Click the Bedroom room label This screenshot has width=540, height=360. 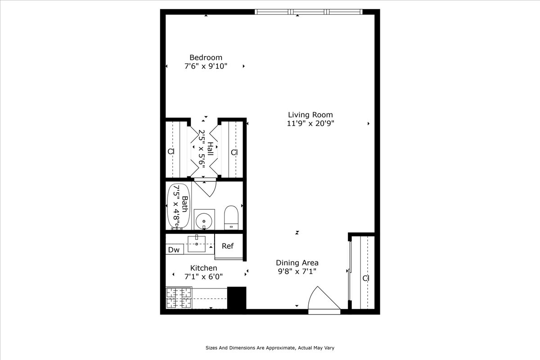(x=206, y=57)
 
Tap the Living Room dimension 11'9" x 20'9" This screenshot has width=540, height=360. (x=310, y=123)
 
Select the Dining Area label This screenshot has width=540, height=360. (x=297, y=263)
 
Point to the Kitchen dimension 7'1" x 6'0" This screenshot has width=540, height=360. (x=203, y=277)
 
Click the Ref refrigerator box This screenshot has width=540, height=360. (x=228, y=246)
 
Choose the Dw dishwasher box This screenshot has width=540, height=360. (x=174, y=250)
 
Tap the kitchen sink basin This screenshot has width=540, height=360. (x=197, y=244)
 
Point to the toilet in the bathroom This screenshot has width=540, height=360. (x=231, y=217)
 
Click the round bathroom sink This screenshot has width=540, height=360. (x=204, y=220)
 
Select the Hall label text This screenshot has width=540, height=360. (x=210, y=149)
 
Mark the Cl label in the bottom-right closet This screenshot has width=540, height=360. (x=366, y=279)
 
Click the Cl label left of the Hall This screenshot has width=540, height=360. (x=171, y=152)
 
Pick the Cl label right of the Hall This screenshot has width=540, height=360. (x=234, y=153)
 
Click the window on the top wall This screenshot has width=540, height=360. (x=308, y=12)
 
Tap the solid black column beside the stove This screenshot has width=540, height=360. (x=237, y=297)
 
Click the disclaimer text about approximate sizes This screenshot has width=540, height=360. (x=270, y=348)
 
